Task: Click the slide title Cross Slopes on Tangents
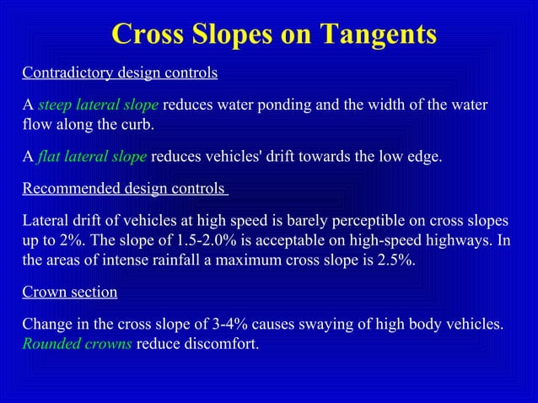274,35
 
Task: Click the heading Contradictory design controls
120,73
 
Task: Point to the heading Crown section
69,292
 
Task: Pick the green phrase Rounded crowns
77,343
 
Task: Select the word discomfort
217,343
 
